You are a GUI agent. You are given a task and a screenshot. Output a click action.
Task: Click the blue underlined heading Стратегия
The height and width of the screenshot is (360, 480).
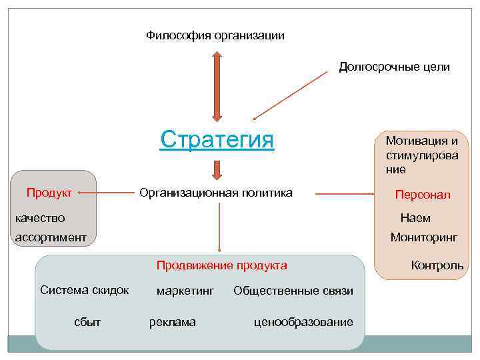217,140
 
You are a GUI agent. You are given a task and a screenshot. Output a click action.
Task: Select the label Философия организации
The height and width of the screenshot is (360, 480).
215,35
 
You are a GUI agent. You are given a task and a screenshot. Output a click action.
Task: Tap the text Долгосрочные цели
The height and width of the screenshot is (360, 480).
394,67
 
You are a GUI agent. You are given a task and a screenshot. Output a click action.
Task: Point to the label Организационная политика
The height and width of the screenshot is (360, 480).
215,193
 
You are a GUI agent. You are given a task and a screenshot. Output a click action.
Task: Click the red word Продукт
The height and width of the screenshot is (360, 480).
49,193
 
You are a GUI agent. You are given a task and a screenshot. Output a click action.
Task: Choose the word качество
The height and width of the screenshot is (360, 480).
40,217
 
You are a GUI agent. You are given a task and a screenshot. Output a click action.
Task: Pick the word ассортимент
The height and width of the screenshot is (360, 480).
51,237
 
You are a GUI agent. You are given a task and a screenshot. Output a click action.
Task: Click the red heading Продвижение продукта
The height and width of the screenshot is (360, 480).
221,265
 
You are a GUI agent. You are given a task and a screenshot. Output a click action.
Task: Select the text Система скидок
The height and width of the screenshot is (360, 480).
85,289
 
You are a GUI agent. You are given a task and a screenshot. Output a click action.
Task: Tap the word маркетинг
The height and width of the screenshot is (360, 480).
185,291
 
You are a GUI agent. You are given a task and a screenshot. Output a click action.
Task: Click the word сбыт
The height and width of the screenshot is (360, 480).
87,322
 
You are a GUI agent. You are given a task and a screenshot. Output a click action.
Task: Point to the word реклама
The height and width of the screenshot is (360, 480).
173,322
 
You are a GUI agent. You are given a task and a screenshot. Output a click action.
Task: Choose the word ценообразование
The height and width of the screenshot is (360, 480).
303,322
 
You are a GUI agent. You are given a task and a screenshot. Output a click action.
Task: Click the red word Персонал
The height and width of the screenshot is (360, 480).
423,195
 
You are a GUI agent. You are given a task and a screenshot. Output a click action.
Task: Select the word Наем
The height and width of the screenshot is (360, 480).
415,218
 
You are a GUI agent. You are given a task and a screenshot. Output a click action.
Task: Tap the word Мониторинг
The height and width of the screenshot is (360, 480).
424,237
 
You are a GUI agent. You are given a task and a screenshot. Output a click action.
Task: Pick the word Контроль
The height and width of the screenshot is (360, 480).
437,265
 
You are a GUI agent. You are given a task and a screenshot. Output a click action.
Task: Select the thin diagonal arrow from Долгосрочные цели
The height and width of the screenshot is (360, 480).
291,94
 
